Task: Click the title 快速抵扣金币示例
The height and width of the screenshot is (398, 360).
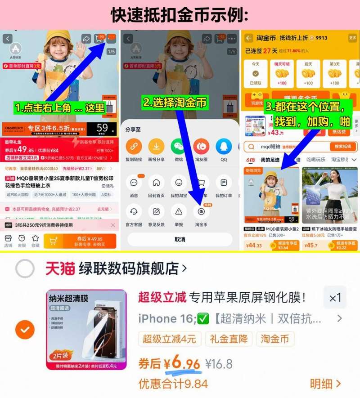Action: [x=180, y=15]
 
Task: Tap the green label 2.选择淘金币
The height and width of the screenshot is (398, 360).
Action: [x=175, y=103]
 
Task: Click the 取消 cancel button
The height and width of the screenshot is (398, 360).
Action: [x=180, y=239]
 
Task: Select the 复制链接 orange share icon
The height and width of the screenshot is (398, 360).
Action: [x=134, y=147]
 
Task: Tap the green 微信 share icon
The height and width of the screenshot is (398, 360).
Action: [x=179, y=147]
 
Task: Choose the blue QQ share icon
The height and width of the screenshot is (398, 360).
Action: [x=224, y=147]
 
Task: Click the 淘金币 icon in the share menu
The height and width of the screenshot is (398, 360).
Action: [x=201, y=211]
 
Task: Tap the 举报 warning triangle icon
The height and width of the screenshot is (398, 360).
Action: [x=179, y=211]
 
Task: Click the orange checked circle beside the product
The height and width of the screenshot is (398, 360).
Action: [x=25, y=330]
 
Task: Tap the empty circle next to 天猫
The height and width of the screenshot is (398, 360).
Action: [x=25, y=269]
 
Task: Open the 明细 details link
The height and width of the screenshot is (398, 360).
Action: [x=325, y=384]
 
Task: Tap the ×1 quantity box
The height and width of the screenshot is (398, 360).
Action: [x=335, y=298]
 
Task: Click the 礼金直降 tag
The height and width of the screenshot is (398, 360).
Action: [x=228, y=339]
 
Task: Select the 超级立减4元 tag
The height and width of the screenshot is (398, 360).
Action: [x=170, y=339]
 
